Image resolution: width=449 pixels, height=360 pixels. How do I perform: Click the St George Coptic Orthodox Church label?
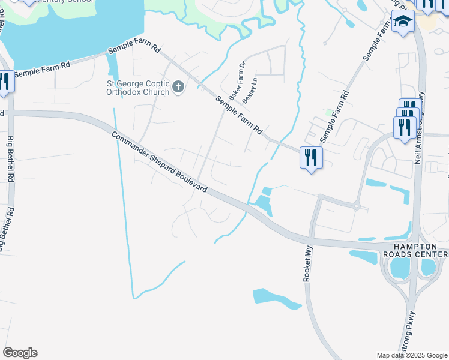point(139,88)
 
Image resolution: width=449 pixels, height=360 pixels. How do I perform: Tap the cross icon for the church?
point(178,88)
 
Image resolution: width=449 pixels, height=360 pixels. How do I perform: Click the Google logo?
point(20,353)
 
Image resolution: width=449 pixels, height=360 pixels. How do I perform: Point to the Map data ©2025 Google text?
point(412,355)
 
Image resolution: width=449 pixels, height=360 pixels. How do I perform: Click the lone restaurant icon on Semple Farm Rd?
point(311,158)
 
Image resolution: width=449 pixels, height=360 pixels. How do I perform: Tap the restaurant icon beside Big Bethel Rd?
point(4,81)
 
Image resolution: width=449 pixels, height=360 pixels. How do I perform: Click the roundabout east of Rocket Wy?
point(356,206)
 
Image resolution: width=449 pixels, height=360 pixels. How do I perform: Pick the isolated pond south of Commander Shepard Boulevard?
point(276,298)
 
